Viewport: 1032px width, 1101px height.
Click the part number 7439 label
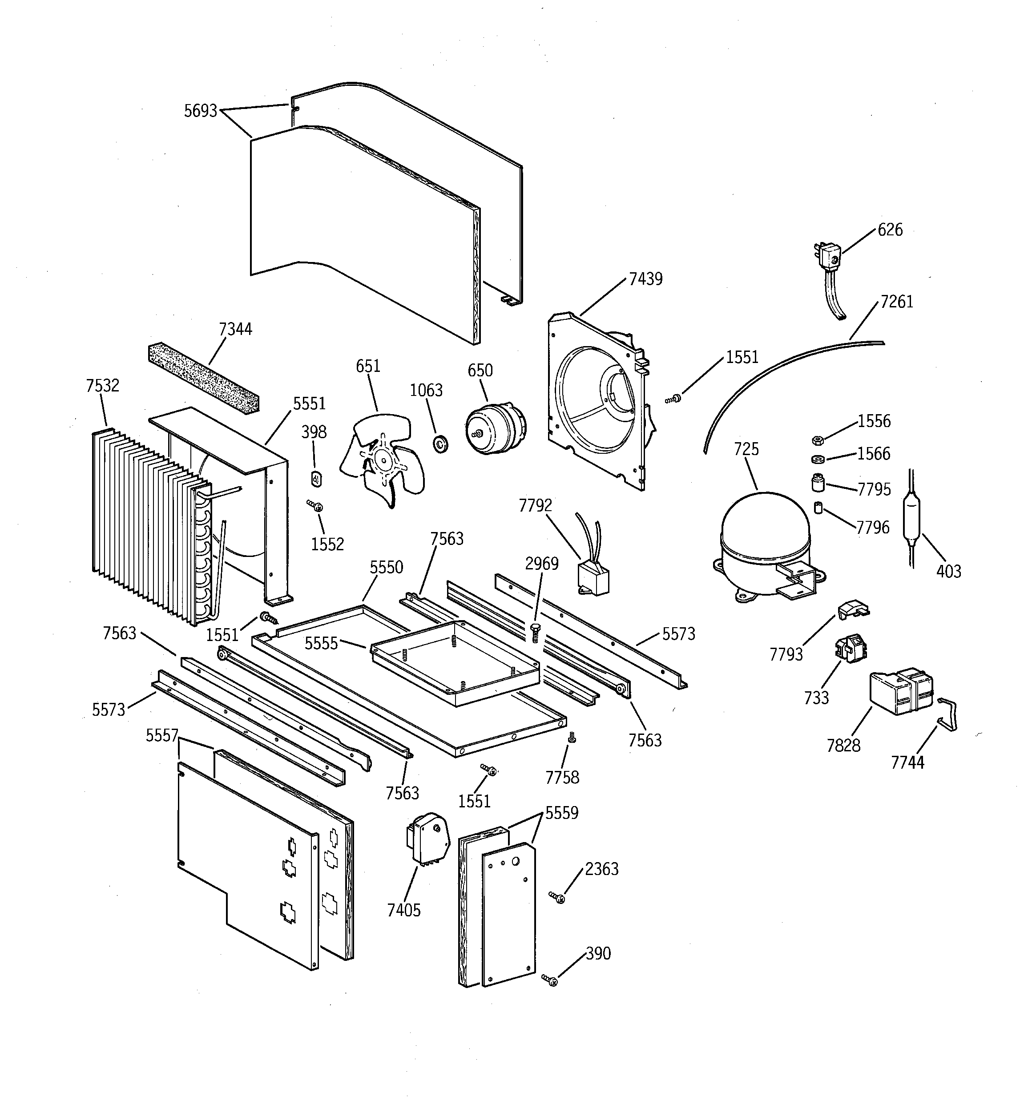pyautogui.click(x=645, y=278)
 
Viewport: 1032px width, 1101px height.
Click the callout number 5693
pyautogui.click(x=201, y=111)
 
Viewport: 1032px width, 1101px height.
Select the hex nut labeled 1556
pyautogui.click(x=817, y=440)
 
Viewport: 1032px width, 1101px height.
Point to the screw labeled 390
pyautogui.click(x=551, y=981)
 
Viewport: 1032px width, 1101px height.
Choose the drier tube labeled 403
pyautogui.click(x=911, y=518)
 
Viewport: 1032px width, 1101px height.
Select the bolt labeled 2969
pyautogui.click(x=535, y=631)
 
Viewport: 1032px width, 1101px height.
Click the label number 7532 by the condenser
pyautogui.click(x=102, y=385)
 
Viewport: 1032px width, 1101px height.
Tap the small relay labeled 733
pyautogui.click(x=851, y=647)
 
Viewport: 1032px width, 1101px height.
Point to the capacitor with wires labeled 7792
pyautogui.click(x=593, y=576)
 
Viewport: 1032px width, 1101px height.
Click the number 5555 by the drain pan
pyautogui.click(x=321, y=643)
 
